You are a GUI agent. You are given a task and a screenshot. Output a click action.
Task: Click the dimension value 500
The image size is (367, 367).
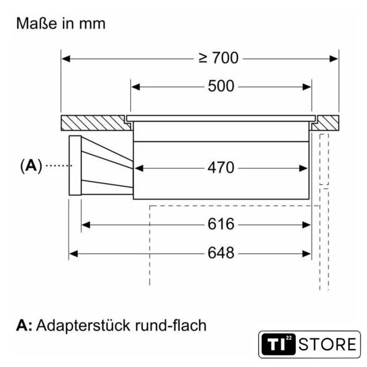click(x=221, y=86)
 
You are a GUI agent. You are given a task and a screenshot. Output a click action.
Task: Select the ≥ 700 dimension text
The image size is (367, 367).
click(x=218, y=58)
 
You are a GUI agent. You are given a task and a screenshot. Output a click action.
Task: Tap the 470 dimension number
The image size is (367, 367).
click(x=221, y=167)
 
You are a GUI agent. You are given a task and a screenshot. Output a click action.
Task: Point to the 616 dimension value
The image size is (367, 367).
click(x=221, y=224)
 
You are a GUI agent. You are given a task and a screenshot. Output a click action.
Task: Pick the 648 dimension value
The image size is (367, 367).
click(x=221, y=253)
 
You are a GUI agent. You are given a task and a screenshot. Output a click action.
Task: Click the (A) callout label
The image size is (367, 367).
click(x=31, y=166)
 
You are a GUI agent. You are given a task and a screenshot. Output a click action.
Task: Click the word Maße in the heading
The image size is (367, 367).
click(x=37, y=24)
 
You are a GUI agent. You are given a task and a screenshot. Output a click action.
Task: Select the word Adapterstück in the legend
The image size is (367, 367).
click(x=83, y=326)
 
